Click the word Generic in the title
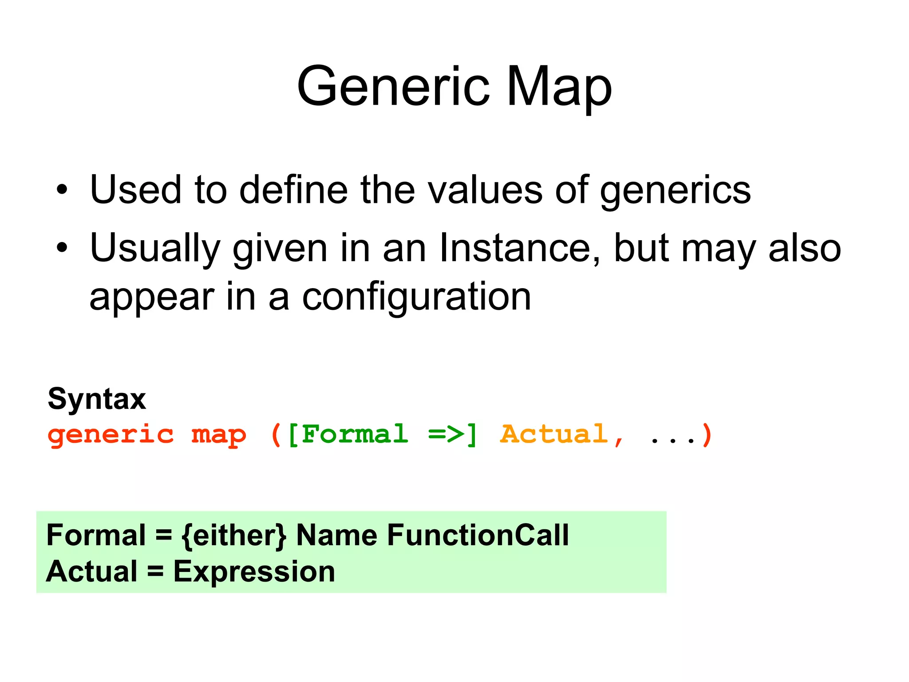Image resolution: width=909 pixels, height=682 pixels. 393,87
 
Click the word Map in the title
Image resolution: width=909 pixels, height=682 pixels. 559,87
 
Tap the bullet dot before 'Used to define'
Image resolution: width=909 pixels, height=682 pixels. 62,190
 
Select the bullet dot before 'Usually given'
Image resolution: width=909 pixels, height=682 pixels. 62,248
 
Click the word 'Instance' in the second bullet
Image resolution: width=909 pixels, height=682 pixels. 519,248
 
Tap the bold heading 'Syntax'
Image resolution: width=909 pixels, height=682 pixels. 97,399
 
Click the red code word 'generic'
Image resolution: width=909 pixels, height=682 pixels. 111,434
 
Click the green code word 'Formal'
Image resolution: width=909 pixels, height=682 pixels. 354,434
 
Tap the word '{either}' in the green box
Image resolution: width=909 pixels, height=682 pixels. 234,535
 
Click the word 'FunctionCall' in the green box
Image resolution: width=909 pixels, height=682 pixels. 478,535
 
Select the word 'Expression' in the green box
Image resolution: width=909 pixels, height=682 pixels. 254,571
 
